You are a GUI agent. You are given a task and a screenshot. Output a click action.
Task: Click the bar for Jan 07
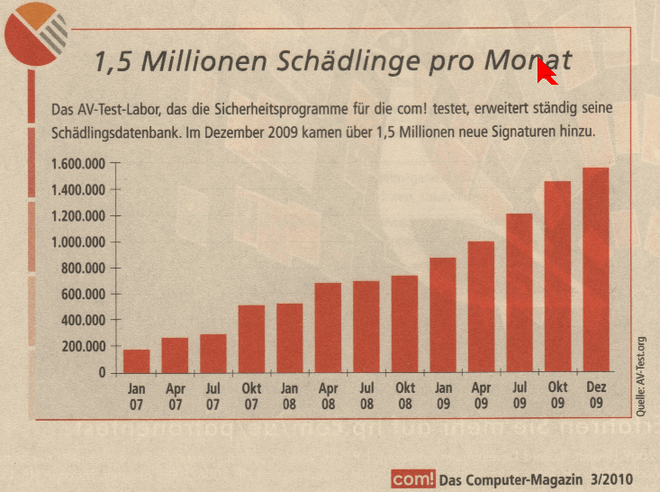136,360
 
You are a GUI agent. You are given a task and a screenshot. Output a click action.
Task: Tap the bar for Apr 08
328,327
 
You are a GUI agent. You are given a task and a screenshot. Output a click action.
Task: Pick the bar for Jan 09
442,314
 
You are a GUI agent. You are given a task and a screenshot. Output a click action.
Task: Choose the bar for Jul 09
519,293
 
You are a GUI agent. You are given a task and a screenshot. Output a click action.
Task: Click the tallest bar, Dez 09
595,269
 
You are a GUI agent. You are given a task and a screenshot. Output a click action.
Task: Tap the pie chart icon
35,31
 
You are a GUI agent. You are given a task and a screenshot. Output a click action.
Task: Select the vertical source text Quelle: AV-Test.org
641,373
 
